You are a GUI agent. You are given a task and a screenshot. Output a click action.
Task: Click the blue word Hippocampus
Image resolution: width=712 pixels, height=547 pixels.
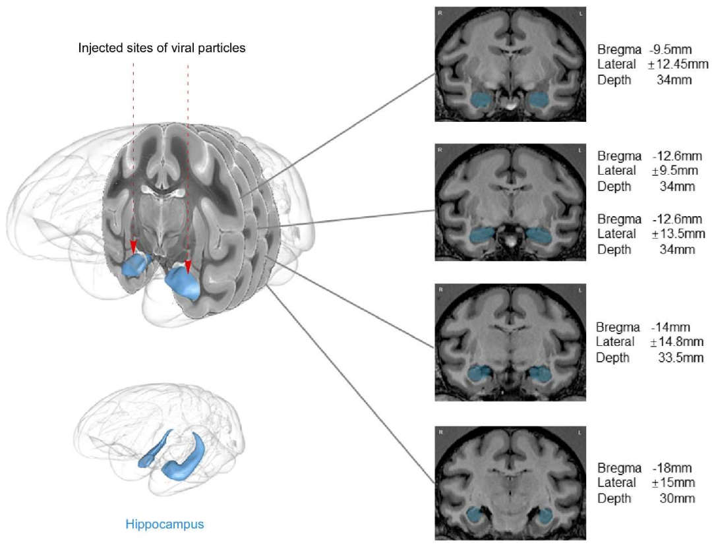click(x=165, y=525)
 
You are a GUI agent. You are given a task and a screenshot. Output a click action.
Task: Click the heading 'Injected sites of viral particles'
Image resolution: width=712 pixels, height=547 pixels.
click(x=162, y=48)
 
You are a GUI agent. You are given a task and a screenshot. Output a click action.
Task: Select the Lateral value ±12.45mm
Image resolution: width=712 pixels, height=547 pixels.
click(x=680, y=64)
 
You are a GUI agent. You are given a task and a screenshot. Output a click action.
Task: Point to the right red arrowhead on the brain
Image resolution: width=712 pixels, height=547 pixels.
click(x=187, y=266)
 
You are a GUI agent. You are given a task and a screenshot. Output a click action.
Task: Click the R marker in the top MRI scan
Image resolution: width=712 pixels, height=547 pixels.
click(x=440, y=12)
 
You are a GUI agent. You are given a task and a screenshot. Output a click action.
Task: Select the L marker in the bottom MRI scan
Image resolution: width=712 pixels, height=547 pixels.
click(x=581, y=431)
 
